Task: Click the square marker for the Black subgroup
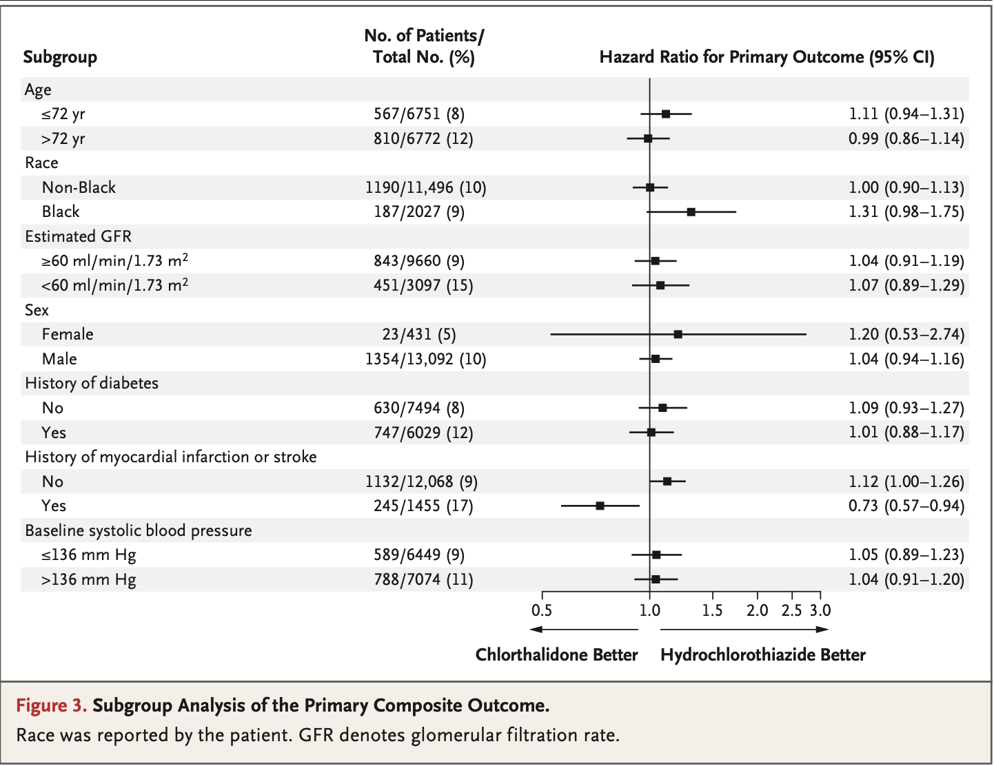(x=691, y=212)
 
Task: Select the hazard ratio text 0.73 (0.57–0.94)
(x=906, y=506)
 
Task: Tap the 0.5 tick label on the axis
(x=542, y=610)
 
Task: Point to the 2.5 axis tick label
(x=791, y=610)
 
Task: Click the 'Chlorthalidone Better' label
(x=556, y=655)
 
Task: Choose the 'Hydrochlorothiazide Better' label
(x=762, y=655)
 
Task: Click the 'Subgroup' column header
(x=60, y=57)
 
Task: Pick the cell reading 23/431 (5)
(x=418, y=335)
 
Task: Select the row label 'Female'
(x=68, y=335)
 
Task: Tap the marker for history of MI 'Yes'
(x=600, y=506)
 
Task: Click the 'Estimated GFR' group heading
(x=78, y=237)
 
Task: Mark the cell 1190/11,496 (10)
(x=425, y=188)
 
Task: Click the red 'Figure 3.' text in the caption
(x=52, y=705)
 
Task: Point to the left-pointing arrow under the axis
(x=582, y=630)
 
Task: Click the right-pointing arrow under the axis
(x=744, y=630)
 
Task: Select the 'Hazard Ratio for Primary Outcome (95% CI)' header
(x=767, y=57)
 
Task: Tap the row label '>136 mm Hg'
(x=88, y=580)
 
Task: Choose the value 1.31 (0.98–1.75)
(x=906, y=212)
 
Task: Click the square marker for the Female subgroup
(x=678, y=335)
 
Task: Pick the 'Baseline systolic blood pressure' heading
(x=138, y=531)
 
